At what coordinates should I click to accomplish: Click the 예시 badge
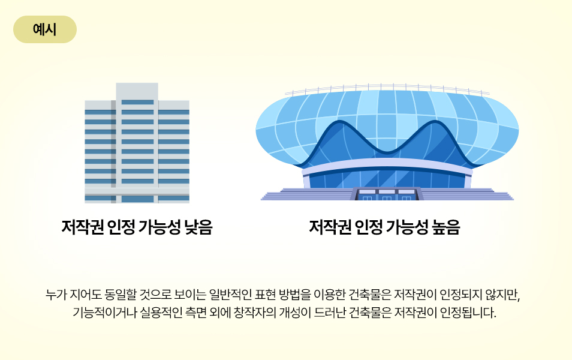(45, 29)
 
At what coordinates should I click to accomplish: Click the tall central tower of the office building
(137, 142)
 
